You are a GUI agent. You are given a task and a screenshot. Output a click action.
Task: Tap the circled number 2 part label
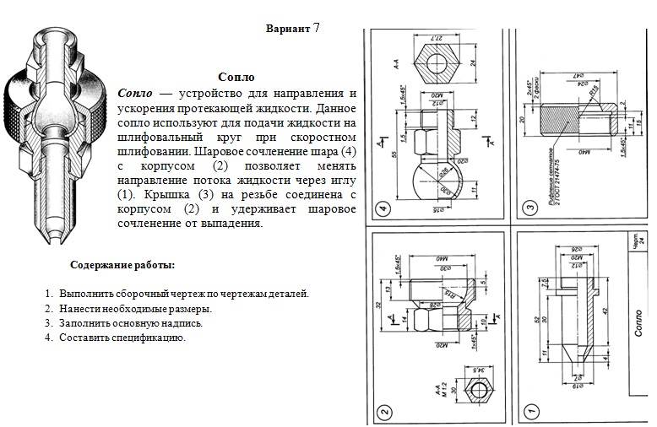pyautogui.click(x=384, y=413)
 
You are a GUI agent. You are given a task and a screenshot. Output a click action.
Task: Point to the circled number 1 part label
pyautogui.click(x=529, y=413)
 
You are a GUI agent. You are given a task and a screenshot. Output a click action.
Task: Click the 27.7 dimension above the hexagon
pyautogui.click(x=437, y=38)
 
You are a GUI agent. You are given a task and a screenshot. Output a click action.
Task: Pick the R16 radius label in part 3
pyautogui.click(x=595, y=90)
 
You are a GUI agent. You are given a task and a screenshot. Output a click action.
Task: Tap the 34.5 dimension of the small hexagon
pyautogui.click(x=481, y=369)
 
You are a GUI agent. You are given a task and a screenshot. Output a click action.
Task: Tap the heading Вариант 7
pyautogui.click(x=292, y=28)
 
